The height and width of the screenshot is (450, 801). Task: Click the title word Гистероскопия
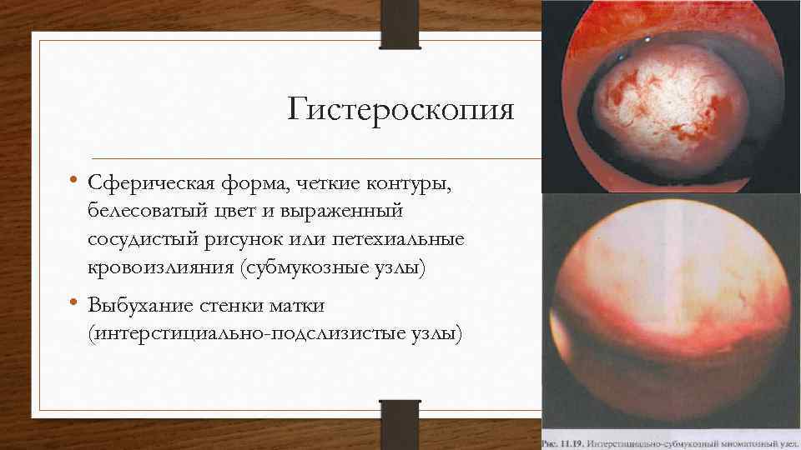click(401, 109)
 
